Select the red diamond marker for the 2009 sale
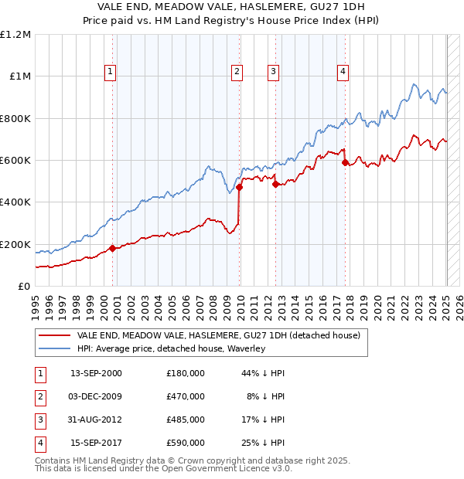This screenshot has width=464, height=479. [x=240, y=187]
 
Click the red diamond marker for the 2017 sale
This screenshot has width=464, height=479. [x=345, y=162]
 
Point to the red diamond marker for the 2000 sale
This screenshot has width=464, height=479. [x=112, y=248]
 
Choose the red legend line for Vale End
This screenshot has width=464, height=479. [x=54, y=336]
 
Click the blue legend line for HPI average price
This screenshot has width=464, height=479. [x=54, y=349]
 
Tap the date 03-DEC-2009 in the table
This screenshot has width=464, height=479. [x=96, y=396]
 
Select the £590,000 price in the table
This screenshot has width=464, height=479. [x=185, y=443]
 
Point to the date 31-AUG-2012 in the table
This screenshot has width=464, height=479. [x=96, y=420]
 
